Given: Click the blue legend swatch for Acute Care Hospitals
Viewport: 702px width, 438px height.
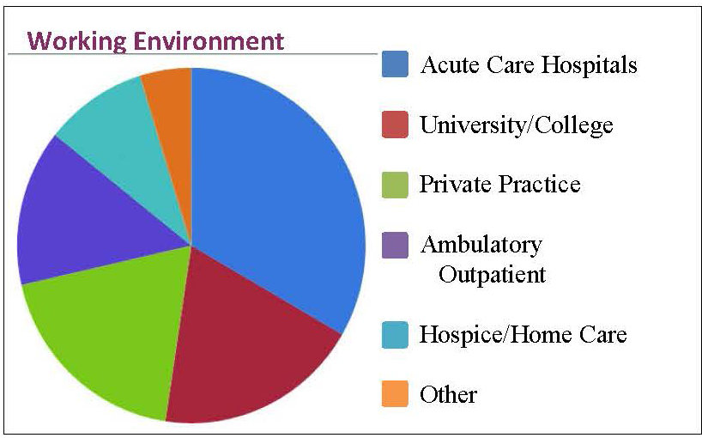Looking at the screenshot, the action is pyautogui.click(x=395, y=64).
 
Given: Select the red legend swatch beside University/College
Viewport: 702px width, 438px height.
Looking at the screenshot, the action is pyautogui.click(x=395, y=125).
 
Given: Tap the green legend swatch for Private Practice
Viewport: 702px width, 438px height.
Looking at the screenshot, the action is pyautogui.click(x=395, y=185).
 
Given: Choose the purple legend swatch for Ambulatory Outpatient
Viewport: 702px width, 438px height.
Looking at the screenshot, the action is pyautogui.click(x=395, y=245).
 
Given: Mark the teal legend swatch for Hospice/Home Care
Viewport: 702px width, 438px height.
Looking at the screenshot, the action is pyautogui.click(x=395, y=335).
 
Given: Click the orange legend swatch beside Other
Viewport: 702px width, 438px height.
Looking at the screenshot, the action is pyautogui.click(x=395, y=393).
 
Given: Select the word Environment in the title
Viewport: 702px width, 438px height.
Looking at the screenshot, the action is pyautogui.click(x=209, y=40).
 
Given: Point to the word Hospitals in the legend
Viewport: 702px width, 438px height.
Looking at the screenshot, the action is pyautogui.click(x=588, y=65).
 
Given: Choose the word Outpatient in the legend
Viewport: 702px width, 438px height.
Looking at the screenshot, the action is pyautogui.click(x=492, y=275).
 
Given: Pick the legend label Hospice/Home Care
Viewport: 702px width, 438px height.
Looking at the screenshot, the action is pyautogui.click(x=523, y=335).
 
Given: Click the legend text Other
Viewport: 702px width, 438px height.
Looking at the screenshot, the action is pyautogui.click(x=448, y=394).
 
